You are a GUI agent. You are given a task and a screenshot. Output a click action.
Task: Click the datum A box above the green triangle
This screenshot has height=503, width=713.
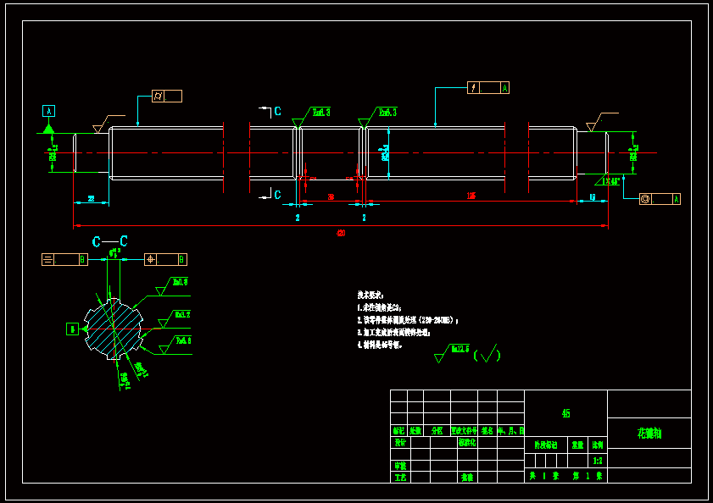click(48, 111)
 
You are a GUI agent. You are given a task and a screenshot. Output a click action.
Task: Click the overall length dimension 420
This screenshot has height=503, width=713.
click(342, 233)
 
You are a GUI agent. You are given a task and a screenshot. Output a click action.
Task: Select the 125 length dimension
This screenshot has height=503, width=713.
click(471, 196)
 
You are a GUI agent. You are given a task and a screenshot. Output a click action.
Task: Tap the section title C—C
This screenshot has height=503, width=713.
click(110, 241)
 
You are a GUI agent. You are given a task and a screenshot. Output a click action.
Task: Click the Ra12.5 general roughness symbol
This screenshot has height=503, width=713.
click(453, 351)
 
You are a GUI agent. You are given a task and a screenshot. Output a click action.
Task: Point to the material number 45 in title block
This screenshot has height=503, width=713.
click(565, 413)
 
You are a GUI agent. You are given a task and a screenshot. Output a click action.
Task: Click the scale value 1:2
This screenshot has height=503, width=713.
click(598, 461)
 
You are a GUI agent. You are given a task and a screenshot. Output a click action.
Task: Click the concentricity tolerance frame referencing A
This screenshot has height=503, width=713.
click(660, 199)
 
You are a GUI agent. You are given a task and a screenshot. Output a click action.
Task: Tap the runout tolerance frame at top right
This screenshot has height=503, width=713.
click(488, 87)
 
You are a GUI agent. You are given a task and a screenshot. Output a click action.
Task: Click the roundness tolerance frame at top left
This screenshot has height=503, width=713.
click(166, 97)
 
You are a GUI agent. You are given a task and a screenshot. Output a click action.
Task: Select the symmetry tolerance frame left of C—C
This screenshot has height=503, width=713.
click(64, 259)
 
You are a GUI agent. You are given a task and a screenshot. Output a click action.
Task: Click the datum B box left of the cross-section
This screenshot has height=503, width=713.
click(73, 329)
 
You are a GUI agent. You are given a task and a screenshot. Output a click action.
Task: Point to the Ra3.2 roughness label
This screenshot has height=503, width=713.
click(181, 314)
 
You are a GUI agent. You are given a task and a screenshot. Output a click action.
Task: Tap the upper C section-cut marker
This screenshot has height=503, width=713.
click(277, 110)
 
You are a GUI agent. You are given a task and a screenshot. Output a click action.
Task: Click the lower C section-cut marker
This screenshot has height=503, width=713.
click(277, 195)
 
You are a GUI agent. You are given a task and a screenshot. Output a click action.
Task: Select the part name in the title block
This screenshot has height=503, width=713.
click(649, 434)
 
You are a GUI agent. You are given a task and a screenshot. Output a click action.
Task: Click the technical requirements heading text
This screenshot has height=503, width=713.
click(371, 293)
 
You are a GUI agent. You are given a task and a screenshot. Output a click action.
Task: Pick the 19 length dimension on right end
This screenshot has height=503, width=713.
click(592, 196)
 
